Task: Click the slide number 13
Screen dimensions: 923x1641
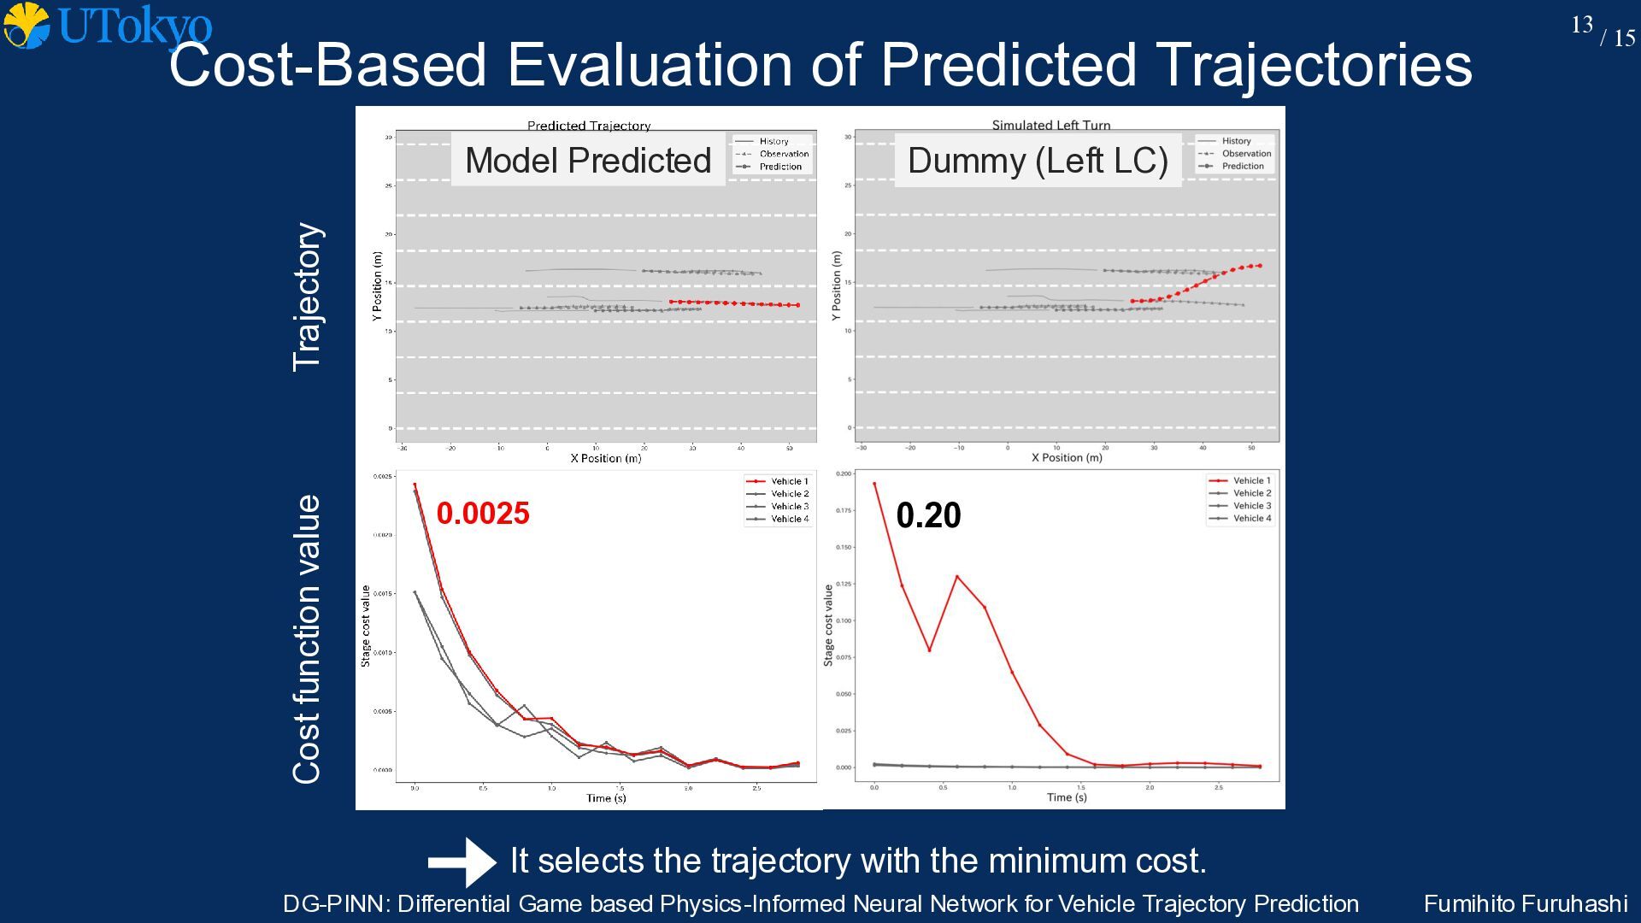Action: (x=1581, y=25)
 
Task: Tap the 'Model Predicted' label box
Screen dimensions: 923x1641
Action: (x=588, y=161)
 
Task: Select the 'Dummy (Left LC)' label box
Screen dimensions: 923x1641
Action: (x=1038, y=161)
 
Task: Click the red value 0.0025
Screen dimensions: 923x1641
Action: (x=483, y=514)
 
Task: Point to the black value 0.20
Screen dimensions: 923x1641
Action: (x=928, y=515)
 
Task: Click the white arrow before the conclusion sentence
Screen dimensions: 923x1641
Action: (x=462, y=861)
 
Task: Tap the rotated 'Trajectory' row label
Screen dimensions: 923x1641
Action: (x=308, y=297)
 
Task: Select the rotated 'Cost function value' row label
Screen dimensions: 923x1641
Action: (x=308, y=638)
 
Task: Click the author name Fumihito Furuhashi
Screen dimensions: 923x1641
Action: (x=1525, y=904)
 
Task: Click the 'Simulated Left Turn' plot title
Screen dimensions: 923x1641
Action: (x=1051, y=125)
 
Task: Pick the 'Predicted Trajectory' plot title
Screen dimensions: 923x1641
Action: (x=589, y=126)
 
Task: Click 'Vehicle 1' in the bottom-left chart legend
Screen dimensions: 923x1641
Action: (x=789, y=481)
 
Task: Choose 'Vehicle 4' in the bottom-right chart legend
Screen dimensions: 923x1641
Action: (x=1251, y=518)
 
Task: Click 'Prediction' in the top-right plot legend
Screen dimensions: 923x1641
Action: (x=1242, y=166)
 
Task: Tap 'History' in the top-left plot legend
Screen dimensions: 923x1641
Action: (x=773, y=142)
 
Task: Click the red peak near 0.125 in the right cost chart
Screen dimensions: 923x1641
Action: (x=956, y=577)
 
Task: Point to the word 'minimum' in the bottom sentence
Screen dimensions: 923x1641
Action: (x=1054, y=861)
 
